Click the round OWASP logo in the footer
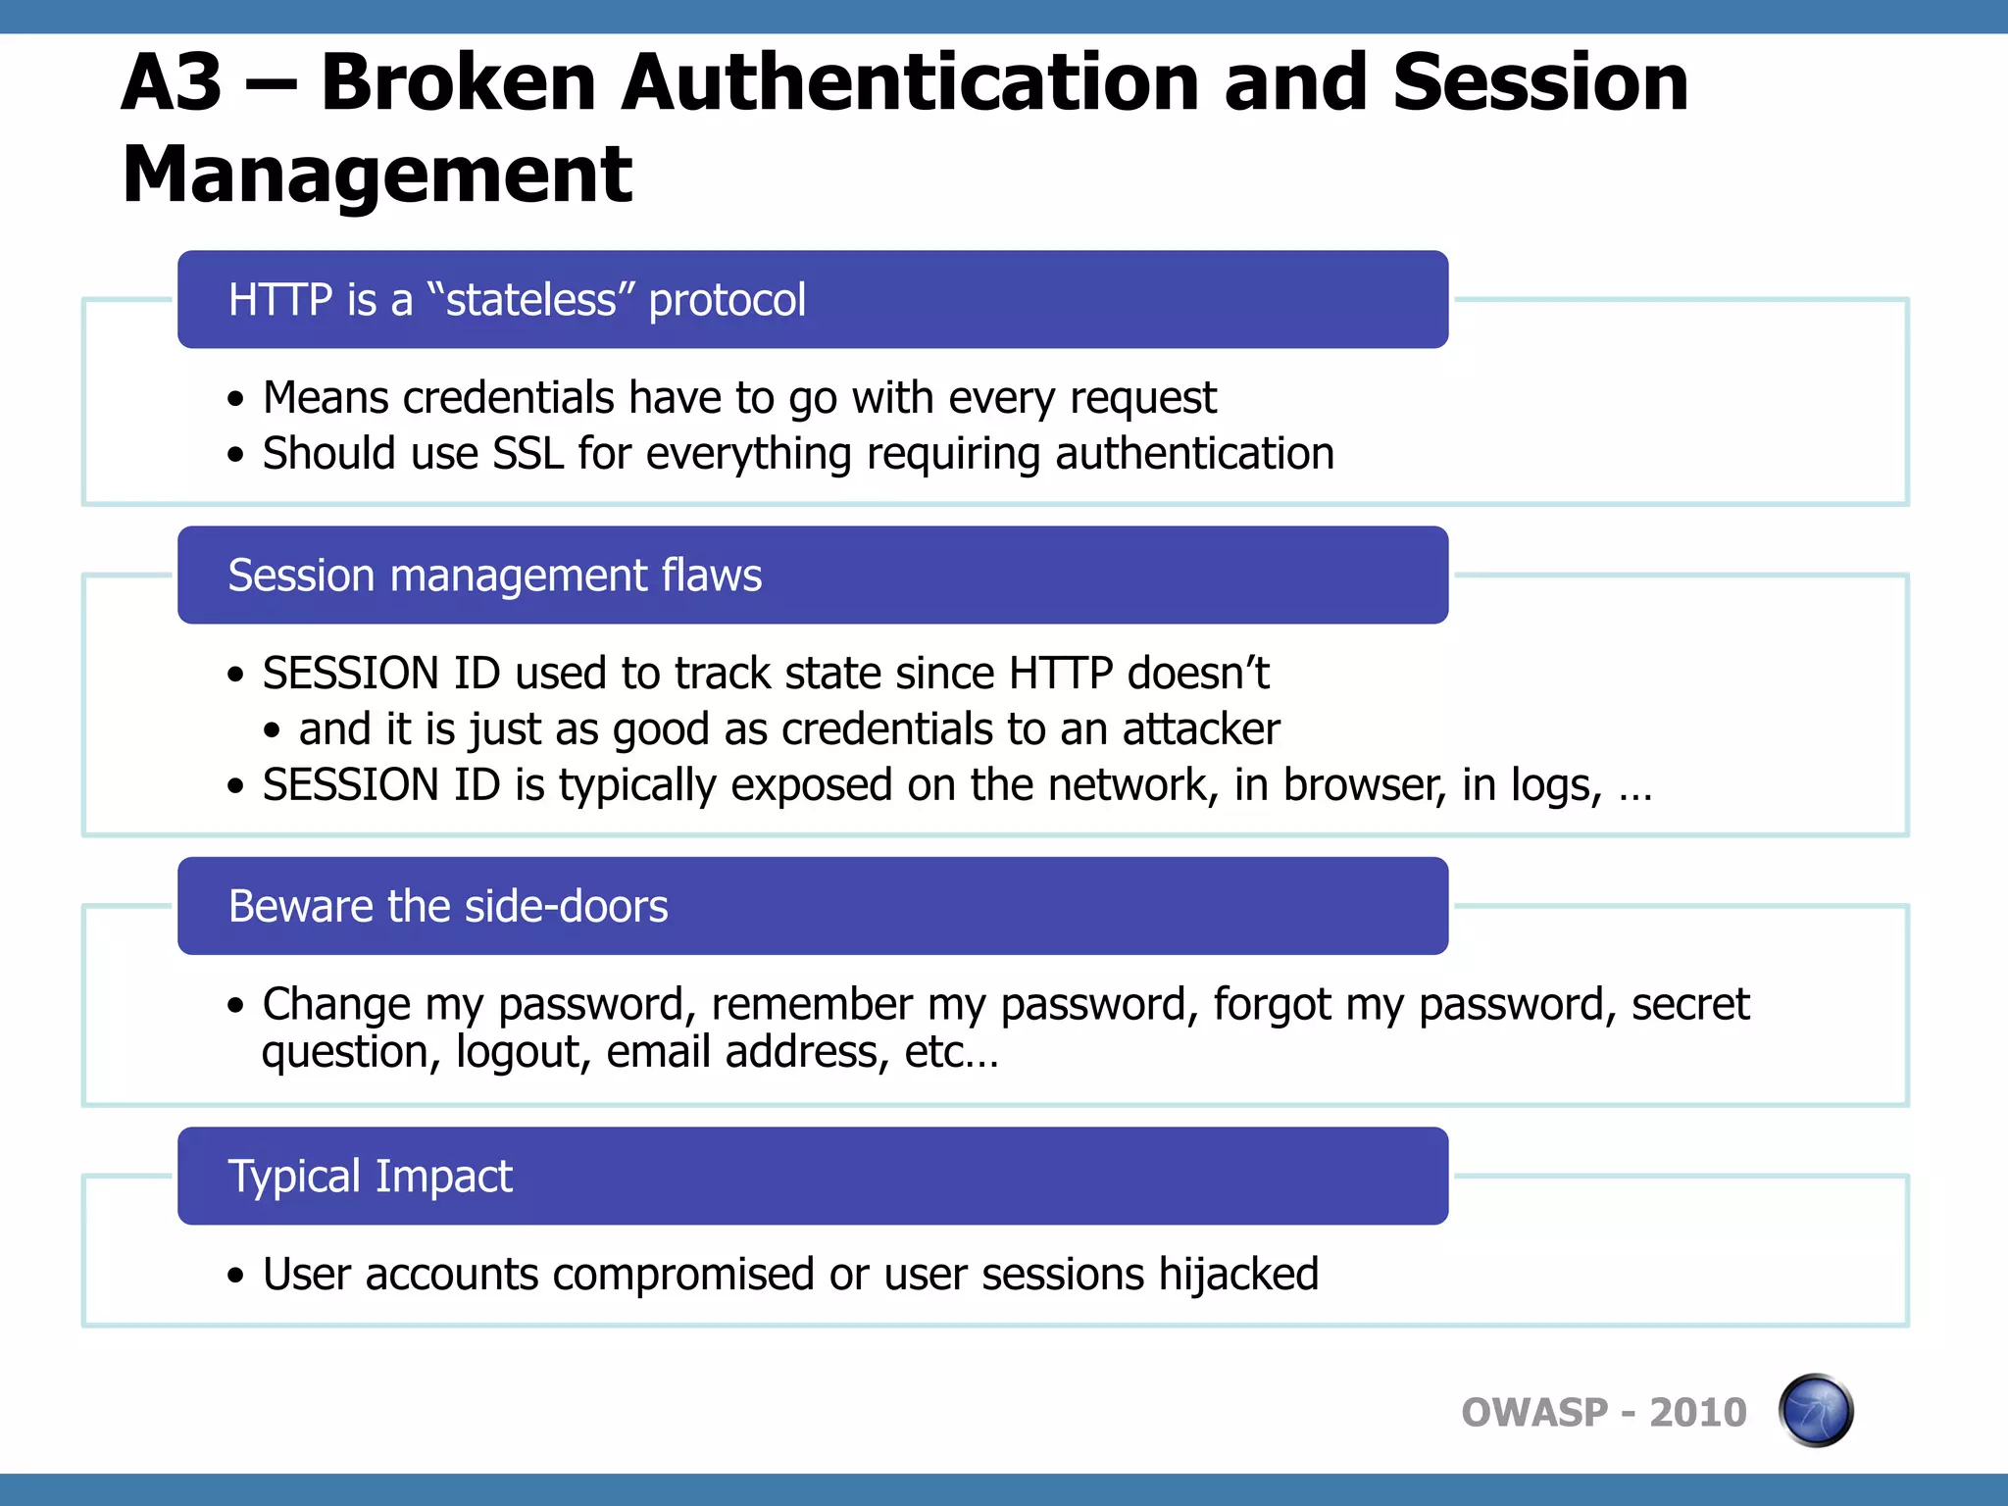coord(1815,1410)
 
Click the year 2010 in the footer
coord(1697,1413)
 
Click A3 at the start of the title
coord(173,82)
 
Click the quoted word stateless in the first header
coord(530,300)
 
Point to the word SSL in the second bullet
coord(527,454)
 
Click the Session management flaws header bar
coord(812,575)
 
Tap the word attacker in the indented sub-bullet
coord(1200,729)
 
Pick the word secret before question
coord(1689,1004)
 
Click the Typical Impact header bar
coord(812,1176)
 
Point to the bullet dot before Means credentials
coord(234,399)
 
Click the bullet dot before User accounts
coord(234,1276)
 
